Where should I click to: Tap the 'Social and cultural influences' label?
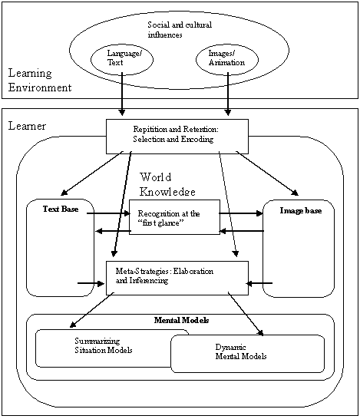point(180,30)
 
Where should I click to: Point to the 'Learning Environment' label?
point(40,80)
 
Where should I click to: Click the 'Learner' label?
point(27,126)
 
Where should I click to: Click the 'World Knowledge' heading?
point(167,184)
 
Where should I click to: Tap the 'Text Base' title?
point(61,209)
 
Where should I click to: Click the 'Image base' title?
point(301,210)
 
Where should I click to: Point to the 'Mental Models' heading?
point(181,320)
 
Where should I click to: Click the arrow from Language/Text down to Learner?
point(122,94)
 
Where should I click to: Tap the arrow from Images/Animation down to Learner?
point(228,94)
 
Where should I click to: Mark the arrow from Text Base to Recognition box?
point(108,213)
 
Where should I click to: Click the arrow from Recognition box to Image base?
point(241,213)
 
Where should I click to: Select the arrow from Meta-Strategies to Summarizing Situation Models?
point(91,310)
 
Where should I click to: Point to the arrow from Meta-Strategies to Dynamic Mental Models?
point(246,314)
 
